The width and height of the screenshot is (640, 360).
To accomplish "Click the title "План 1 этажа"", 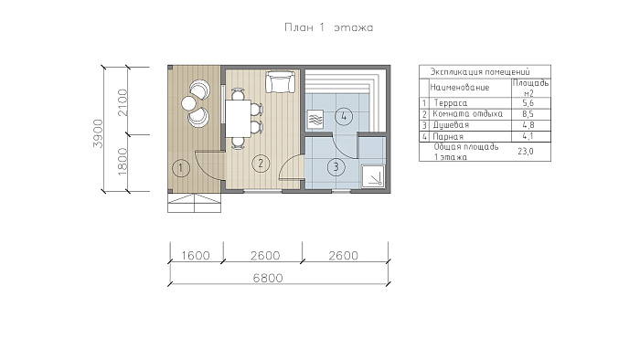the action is tap(328, 27).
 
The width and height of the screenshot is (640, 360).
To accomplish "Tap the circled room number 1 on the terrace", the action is tap(181, 168).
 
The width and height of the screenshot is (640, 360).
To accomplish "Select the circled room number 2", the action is tap(261, 164).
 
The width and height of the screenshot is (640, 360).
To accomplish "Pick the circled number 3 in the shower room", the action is tap(336, 166).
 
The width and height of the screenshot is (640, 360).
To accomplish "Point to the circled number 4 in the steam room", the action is tap(344, 117).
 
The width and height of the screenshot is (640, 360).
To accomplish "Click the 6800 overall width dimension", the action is tap(268, 278).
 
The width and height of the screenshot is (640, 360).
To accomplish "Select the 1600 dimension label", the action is tap(195, 256).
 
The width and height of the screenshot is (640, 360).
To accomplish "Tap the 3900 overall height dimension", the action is tap(99, 133).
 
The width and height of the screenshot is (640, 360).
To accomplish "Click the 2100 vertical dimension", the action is tap(123, 102).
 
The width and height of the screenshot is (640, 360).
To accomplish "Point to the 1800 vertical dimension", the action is tap(123, 162).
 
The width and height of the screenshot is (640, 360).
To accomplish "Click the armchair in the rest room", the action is tap(280, 82).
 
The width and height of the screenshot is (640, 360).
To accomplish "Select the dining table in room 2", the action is tap(239, 118).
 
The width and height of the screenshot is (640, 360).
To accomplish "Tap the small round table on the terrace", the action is tap(188, 103).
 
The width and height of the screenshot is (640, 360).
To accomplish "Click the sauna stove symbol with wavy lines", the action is tap(315, 120).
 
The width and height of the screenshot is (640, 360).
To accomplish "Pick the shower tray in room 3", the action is tap(373, 176).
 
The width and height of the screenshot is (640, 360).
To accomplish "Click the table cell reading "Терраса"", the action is tap(451, 103).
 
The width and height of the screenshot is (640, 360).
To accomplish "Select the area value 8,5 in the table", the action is tap(528, 114).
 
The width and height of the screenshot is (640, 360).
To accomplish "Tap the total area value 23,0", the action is tap(526, 152).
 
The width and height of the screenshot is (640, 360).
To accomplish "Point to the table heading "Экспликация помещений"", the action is tap(480, 72).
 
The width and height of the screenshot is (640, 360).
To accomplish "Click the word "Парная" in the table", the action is tap(448, 136).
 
